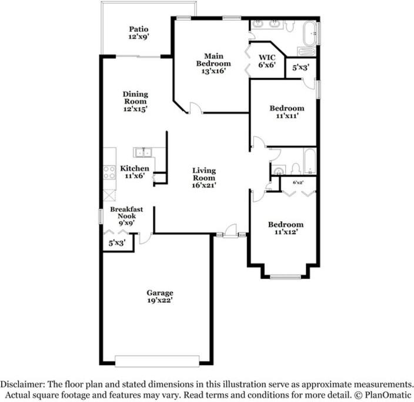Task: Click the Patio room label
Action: [139, 29]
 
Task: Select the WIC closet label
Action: [267, 58]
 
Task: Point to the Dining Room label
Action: [135, 97]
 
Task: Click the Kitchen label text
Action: [135, 168]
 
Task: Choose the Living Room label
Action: [204, 174]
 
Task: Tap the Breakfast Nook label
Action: [126, 212]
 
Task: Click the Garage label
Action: [160, 293]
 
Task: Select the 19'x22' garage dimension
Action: [160, 300]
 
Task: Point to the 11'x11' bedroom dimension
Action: [287, 116]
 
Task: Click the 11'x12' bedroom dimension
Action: [286, 232]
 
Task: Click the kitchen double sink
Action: [143, 153]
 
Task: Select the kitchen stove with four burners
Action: [109, 173]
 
